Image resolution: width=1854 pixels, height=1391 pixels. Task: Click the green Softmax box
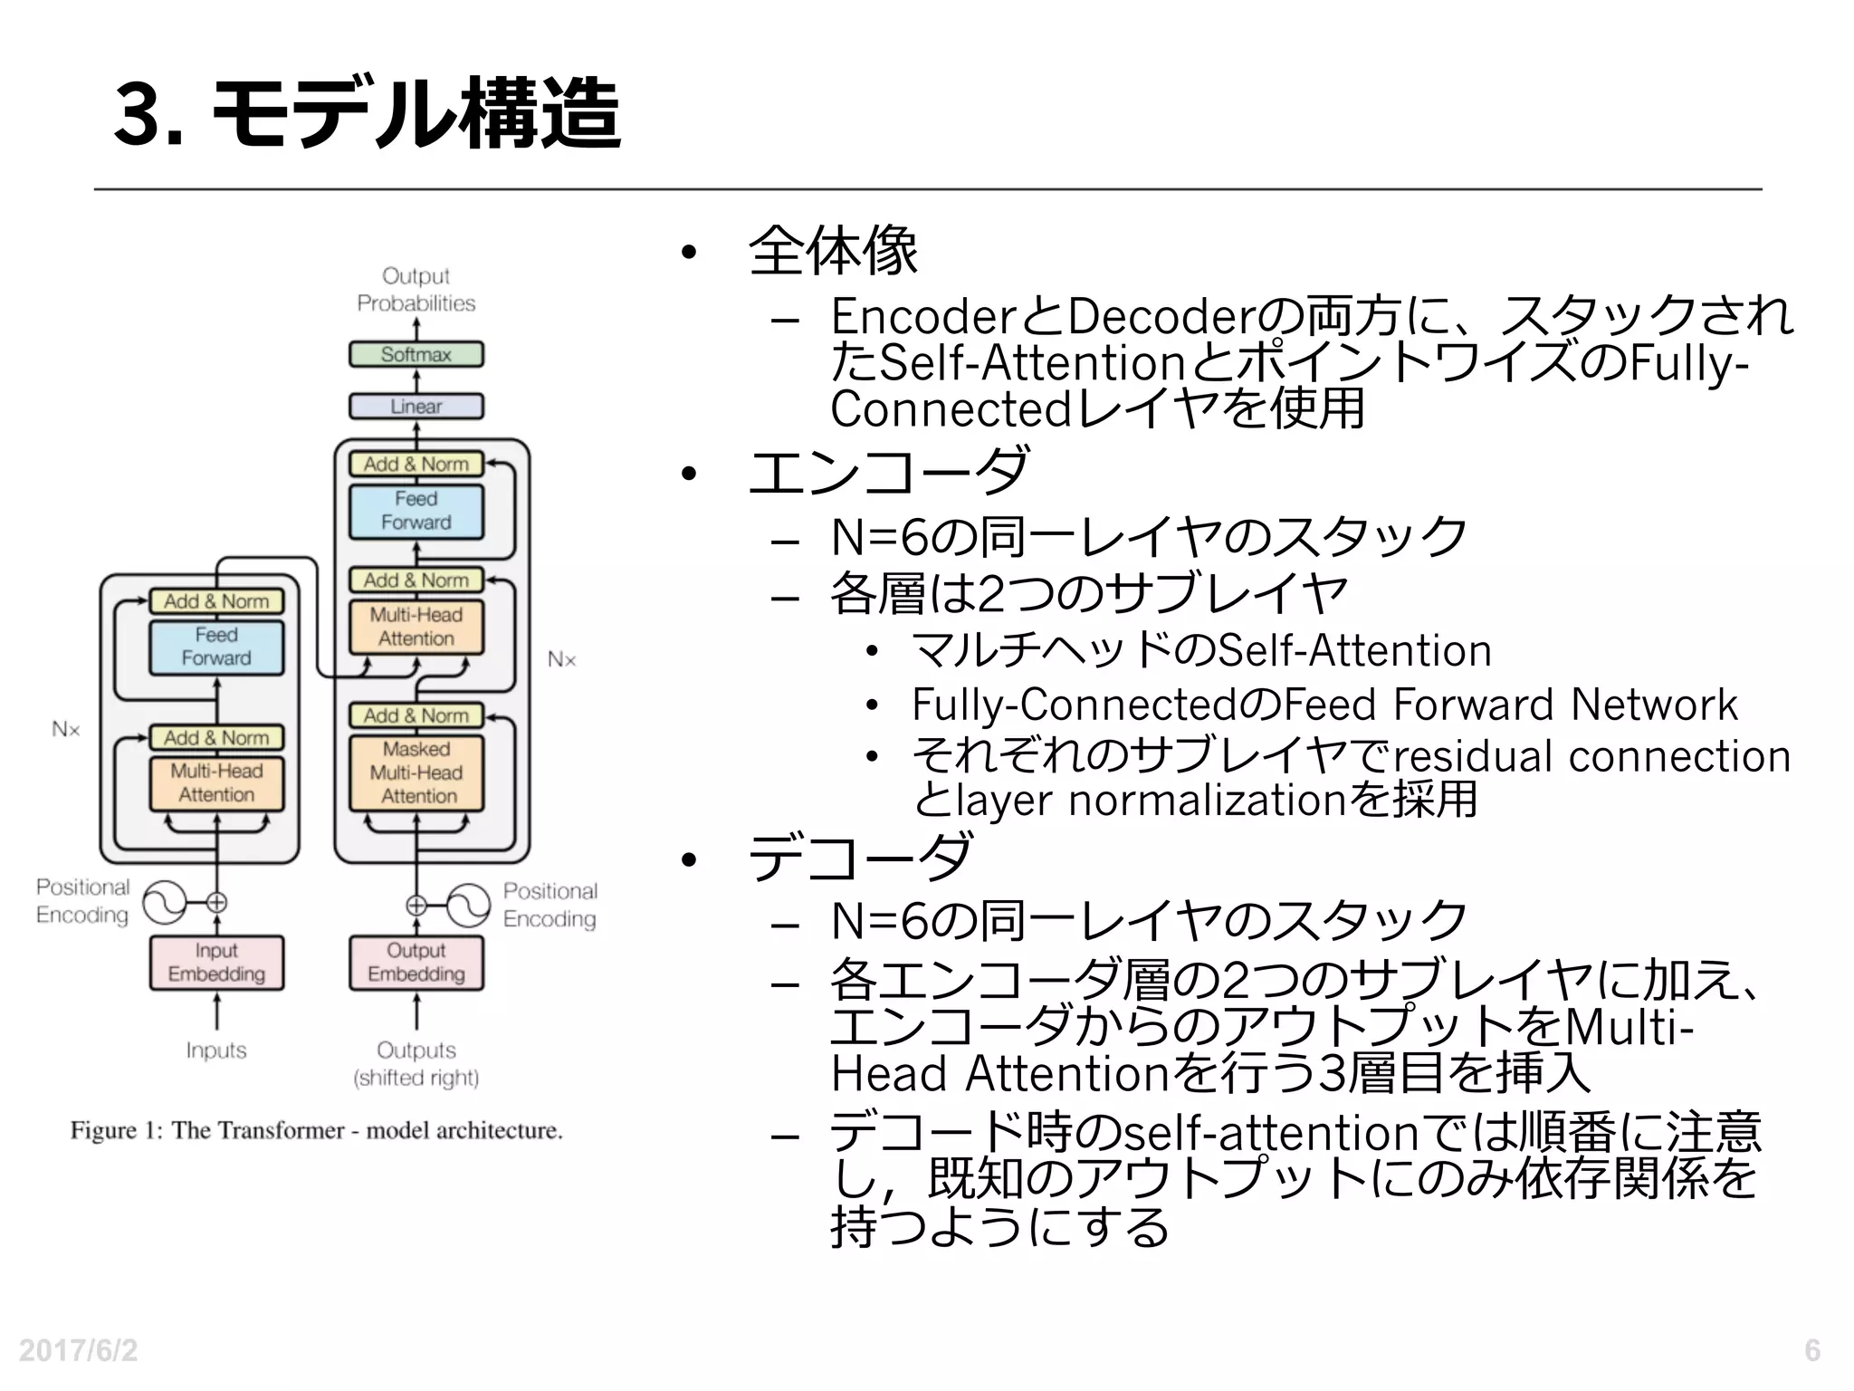pos(416,354)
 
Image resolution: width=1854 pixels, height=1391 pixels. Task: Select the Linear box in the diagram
pos(416,407)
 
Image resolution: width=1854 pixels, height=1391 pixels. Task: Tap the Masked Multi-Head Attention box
pos(416,772)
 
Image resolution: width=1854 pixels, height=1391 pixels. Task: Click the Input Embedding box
pos(216,962)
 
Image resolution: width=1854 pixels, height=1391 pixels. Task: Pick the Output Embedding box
pos(416,962)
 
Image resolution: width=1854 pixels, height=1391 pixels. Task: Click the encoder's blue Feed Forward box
pos(216,647)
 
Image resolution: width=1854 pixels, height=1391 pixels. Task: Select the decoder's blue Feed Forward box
pos(416,511)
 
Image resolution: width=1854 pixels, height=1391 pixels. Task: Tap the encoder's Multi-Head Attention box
pos(216,782)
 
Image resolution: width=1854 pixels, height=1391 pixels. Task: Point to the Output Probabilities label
pos(416,289)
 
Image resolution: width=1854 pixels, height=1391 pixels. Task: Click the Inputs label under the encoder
pos(216,1050)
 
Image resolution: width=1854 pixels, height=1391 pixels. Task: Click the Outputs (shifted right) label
pos(416,1063)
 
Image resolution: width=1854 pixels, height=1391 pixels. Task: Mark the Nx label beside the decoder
pos(561,659)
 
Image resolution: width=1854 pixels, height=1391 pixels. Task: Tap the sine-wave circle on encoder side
pos(164,903)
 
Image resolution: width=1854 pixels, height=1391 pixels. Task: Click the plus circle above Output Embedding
pos(416,905)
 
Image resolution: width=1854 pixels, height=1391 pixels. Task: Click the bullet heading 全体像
pos(833,250)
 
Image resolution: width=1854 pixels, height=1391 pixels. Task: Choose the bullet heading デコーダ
pos(860,857)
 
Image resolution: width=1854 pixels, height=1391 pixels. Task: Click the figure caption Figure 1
pos(317,1130)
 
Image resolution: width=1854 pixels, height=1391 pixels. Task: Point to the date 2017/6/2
pos(79,1350)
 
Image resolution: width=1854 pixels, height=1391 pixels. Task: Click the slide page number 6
pos(1811,1350)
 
